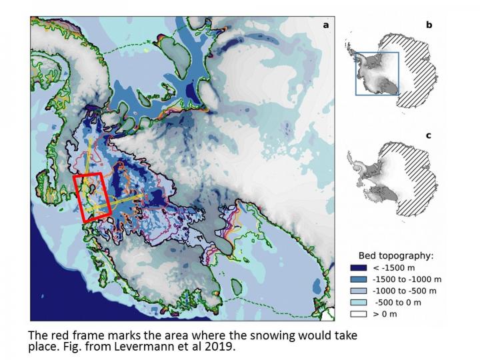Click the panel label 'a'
(x=326, y=25)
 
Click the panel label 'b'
(x=429, y=25)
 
